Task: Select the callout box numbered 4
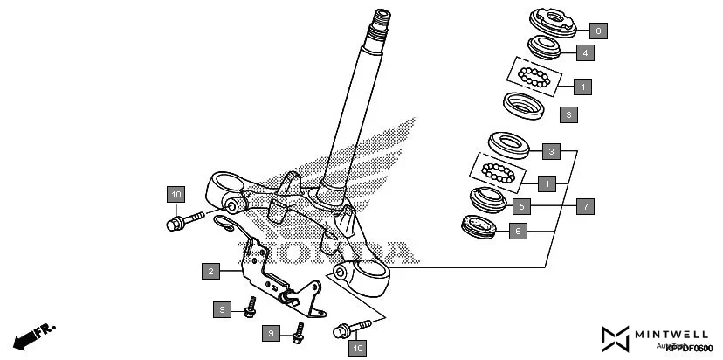pos(584,53)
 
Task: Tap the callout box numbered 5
pos(520,207)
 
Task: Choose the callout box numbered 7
pos(585,207)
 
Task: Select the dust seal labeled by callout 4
pos(547,46)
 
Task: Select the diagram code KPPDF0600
pos(688,349)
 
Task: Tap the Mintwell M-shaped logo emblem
pos(616,338)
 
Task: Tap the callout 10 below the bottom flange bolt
pos(356,349)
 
